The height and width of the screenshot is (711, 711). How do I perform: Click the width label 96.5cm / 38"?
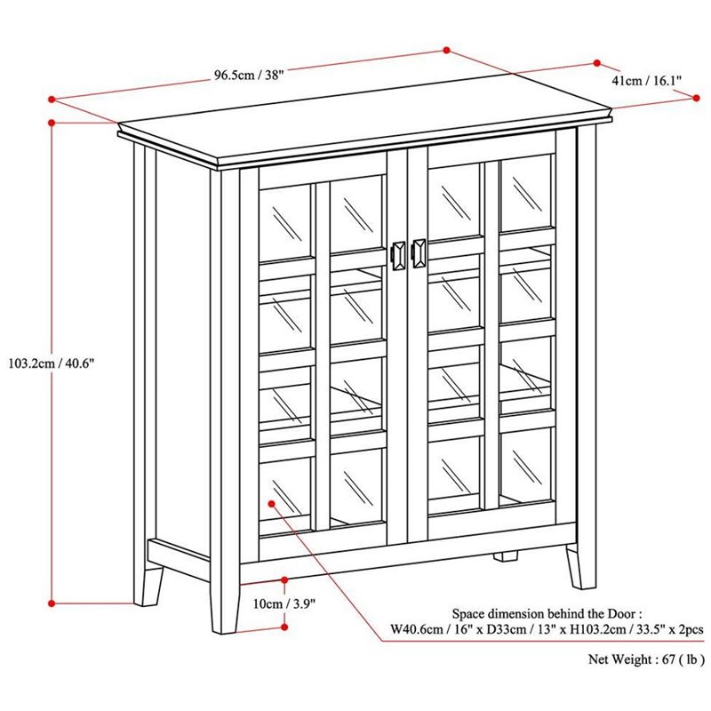[x=249, y=75]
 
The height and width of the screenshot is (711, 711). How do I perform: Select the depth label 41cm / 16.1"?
[x=647, y=81]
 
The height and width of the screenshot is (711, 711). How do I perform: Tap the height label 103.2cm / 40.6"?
[x=52, y=363]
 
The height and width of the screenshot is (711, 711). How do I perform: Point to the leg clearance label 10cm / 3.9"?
[x=284, y=604]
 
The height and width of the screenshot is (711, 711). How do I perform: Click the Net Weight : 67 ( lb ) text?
[x=647, y=659]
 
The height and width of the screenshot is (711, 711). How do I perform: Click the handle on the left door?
[x=397, y=255]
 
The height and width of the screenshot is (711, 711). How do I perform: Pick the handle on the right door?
[x=419, y=253]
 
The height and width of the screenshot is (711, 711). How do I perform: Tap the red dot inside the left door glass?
[x=272, y=504]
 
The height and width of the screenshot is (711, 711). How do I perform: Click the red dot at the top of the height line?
[x=52, y=123]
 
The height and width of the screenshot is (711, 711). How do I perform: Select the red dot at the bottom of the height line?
[x=52, y=603]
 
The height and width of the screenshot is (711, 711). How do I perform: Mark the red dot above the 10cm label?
[x=284, y=580]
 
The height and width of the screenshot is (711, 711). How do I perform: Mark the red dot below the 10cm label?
[x=284, y=627]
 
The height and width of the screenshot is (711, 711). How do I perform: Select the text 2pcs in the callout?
[x=691, y=629]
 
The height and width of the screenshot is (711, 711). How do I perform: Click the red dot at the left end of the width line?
[x=52, y=99]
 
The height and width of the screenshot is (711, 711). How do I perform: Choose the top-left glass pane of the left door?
[x=284, y=222]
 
